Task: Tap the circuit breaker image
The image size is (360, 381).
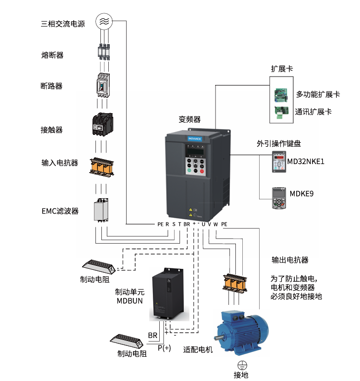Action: pyautogui.click(x=103, y=85)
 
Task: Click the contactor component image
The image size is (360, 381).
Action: pyautogui.click(x=103, y=124)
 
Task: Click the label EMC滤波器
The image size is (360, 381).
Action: pyautogui.click(x=60, y=211)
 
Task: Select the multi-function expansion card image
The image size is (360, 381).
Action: pyautogui.click(x=282, y=93)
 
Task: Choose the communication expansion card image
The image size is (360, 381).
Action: pyautogui.click(x=281, y=112)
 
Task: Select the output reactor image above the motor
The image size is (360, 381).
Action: pyautogui.click(x=234, y=283)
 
